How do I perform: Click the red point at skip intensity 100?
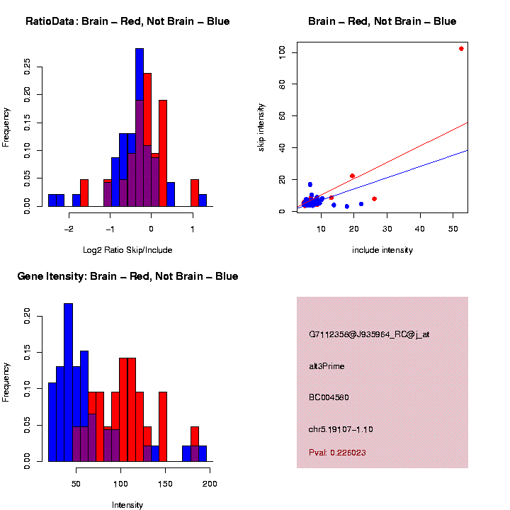[461, 49]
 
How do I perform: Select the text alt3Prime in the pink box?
[327, 366]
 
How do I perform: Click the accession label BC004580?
[329, 397]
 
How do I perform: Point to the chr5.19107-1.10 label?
[341, 429]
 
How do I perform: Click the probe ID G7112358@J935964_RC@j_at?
[369, 334]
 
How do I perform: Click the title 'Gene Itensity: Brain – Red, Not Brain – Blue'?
[127, 276]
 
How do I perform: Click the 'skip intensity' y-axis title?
[261, 126]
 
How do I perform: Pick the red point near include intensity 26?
[374, 199]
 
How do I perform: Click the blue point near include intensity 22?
[361, 204]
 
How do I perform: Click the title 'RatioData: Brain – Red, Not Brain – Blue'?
[127, 21]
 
